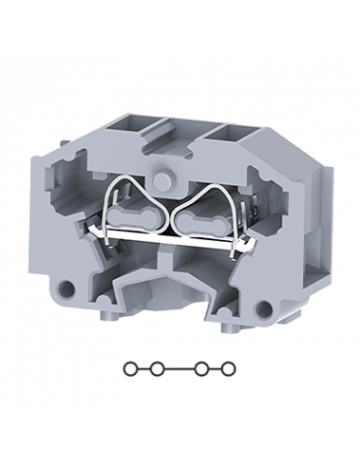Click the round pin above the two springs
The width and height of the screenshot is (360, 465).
point(180,179)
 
